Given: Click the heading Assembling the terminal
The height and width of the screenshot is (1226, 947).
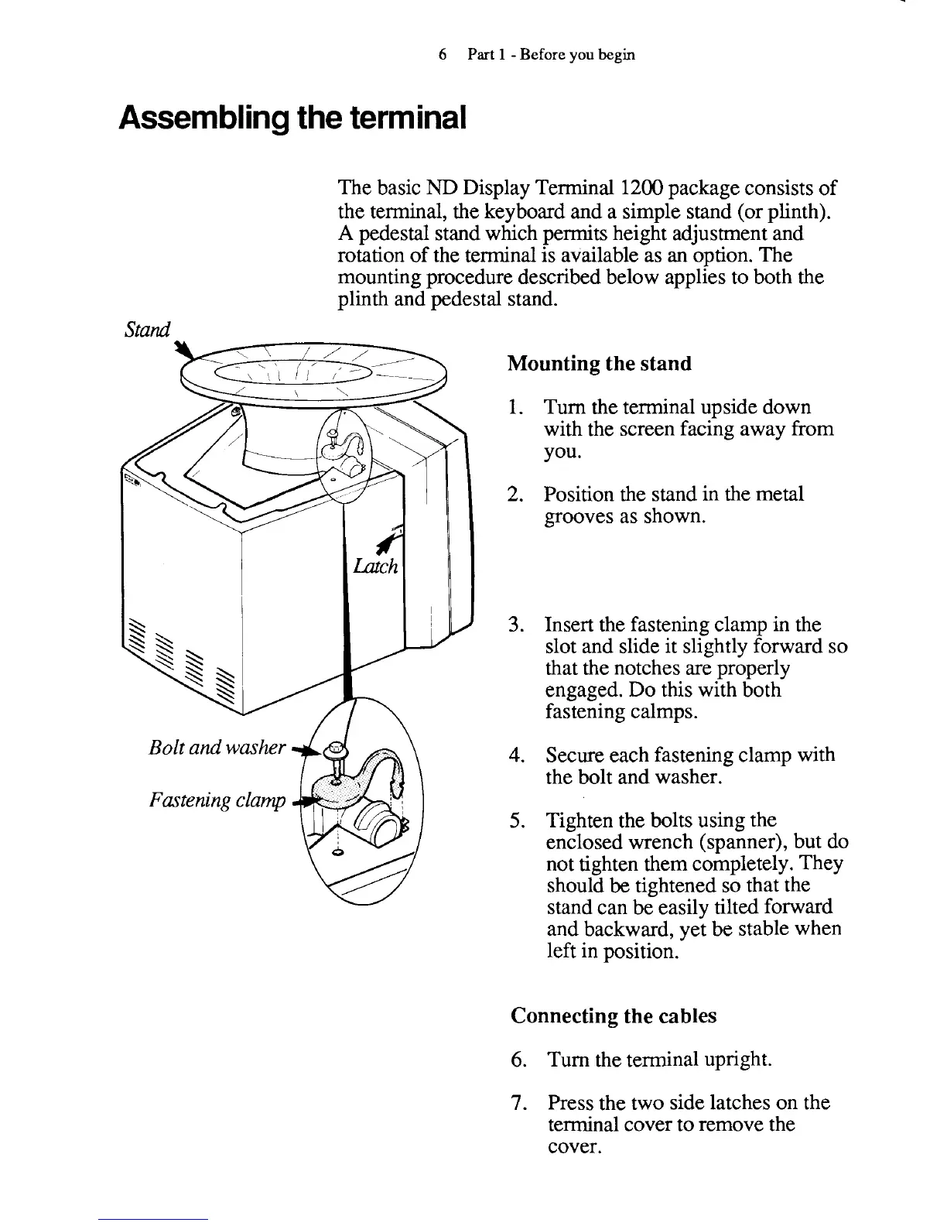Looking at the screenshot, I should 292,117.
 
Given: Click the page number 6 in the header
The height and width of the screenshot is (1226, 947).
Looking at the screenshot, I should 443,54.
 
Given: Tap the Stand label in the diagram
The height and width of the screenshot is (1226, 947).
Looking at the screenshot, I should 146,330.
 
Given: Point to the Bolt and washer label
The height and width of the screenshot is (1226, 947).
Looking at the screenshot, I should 218,748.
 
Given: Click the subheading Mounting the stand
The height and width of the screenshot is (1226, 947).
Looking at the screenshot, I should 600,364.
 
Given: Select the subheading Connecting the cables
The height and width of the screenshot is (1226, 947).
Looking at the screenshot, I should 614,1015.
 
